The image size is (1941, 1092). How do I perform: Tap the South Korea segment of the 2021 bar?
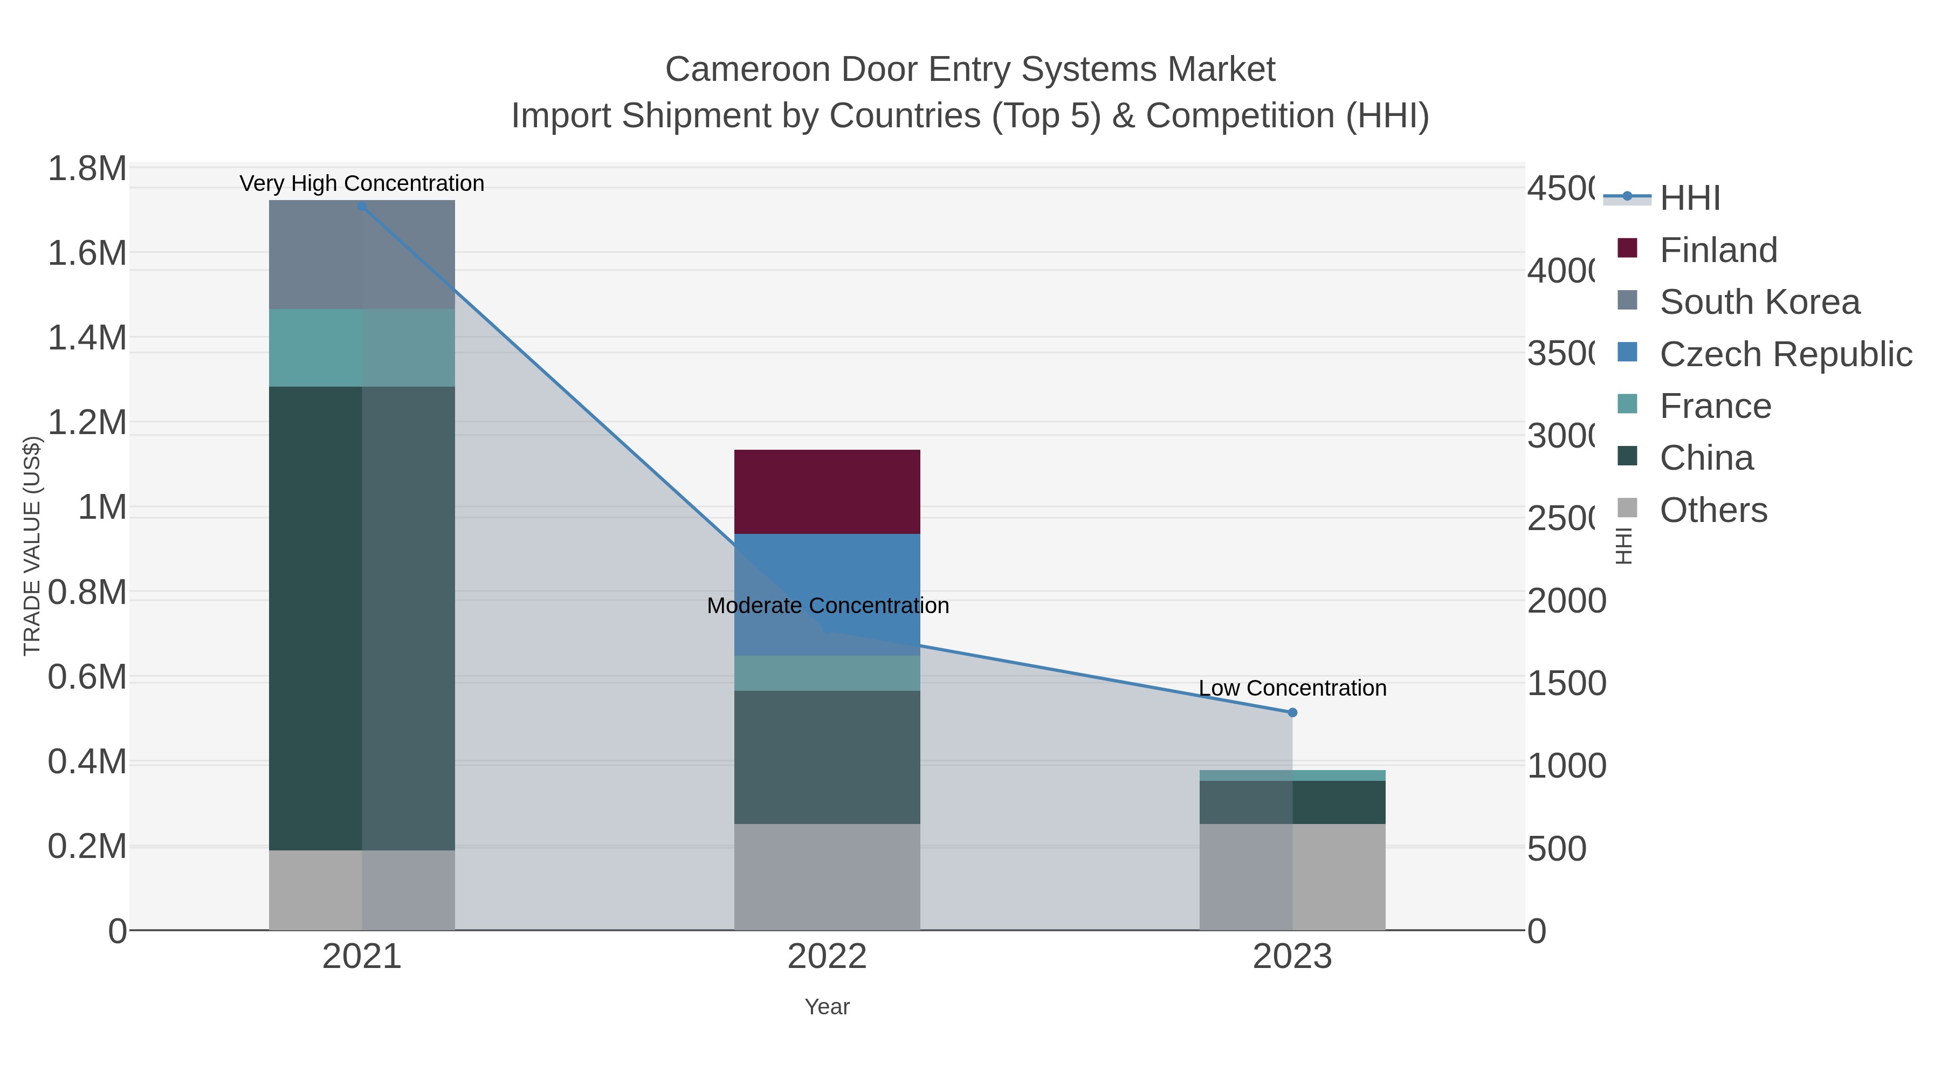(x=362, y=255)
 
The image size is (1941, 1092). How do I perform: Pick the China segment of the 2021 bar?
(x=362, y=618)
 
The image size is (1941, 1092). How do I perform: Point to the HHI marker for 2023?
(x=1292, y=712)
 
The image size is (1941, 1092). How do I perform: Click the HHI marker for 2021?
(x=362, y=206)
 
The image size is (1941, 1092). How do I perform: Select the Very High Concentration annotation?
(x=362, y=183)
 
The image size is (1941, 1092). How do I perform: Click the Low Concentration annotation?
(x=1292, y=688)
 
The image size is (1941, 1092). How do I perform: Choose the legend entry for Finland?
(x=1718, y=250)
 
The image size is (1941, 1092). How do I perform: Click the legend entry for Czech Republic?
(x=1785, y=354)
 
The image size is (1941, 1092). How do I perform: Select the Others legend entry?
(x=1713, y=510)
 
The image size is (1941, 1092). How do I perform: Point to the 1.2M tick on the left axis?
(x=87, y=423)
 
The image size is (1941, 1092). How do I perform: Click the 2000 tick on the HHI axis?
(x=1566, y=601)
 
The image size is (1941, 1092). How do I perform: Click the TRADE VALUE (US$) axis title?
(x=32, y=546)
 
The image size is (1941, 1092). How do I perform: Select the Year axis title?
(x=827, y=1007)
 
